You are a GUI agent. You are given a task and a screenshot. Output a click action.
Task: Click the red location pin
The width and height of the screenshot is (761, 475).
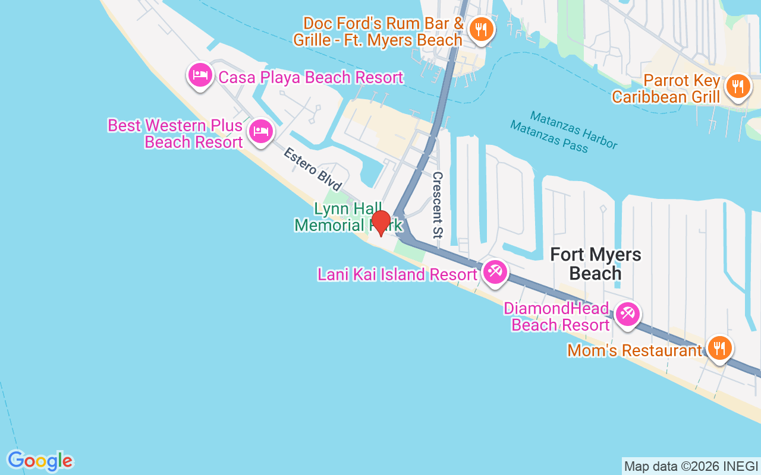tap(381, 223)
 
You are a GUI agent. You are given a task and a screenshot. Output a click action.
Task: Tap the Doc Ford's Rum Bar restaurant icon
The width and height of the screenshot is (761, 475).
tap(480, 28)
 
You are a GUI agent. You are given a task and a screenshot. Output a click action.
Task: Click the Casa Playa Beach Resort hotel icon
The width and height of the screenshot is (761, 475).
tap(200, 75)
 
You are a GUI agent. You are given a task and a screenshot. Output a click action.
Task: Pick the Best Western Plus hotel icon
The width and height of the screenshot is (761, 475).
tap(260, 131)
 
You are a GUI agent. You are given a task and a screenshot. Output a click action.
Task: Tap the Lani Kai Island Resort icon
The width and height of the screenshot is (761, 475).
tap(494, 272)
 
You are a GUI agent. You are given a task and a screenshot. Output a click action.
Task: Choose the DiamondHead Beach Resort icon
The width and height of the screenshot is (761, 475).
tap(627, 313)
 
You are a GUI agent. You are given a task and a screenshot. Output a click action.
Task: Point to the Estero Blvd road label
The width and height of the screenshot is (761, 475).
tap(312, 169)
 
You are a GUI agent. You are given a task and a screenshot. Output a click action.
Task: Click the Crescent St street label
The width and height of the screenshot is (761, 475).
tap(438, 205)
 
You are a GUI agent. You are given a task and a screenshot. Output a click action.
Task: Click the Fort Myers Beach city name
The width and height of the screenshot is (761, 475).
tap(596, 264)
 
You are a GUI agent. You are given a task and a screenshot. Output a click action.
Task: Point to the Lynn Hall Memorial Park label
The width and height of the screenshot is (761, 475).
tap(348, 217)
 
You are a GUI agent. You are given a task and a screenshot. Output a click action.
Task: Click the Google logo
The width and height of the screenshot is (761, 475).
tap(40, 461)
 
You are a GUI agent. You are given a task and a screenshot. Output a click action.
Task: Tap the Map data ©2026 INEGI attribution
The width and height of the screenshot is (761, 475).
tap(691, 467)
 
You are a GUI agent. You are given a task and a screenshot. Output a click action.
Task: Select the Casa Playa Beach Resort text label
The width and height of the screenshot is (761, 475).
tap(311, 77)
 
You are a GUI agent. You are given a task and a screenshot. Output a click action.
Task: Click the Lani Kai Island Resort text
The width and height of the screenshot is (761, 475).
tap(397, 274)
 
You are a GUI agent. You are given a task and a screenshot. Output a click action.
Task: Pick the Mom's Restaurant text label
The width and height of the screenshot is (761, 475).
tap(634, 350)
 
